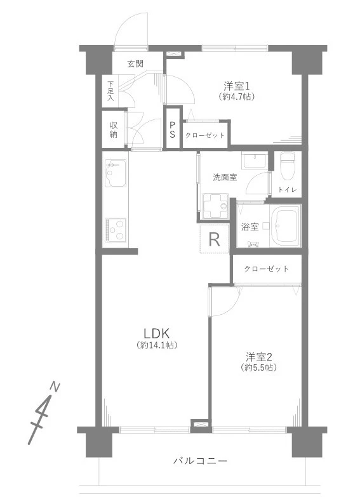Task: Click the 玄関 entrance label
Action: tap(135, 64)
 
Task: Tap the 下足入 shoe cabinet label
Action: tap(110, 91)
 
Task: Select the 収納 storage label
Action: tap(114, 129)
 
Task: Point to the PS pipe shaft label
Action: tap(172, 129)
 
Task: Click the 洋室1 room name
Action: tap(237, 86)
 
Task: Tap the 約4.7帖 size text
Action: tap(237, 96)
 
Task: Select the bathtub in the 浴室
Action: tap(285, 225)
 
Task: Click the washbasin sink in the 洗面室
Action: tap(253, 160)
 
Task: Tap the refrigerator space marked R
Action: tap(215, 239)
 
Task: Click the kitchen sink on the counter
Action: tap(116, 173)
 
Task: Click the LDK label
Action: tap(157, 333)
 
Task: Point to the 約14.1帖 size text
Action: tap(157, 345)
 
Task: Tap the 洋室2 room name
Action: tap(259, 357)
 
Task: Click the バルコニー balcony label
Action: tap(200, 461)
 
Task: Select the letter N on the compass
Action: tap(55, 387)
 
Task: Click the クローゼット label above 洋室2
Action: tap(267, 269)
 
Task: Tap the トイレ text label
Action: tap(288, 190)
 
